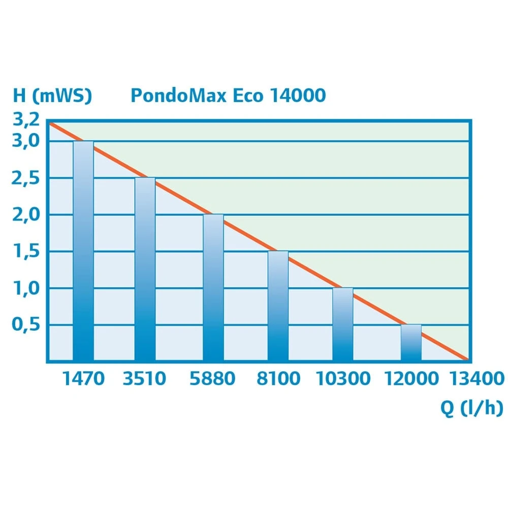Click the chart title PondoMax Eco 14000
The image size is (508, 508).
click(x=228, y=96)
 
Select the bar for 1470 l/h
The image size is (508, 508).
click(x=83, y=251)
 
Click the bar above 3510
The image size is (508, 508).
click(x=145, y=269)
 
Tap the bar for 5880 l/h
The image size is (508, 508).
click(x=213, y=288)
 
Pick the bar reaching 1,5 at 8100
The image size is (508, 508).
click(x=278, y=306)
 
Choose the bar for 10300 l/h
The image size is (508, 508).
click(x=343, y=324)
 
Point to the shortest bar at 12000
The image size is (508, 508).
click(x=411, y=342)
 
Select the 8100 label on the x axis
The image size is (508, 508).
click(x=278, y=379)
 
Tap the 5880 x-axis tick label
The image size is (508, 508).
click(x=212, y=379)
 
